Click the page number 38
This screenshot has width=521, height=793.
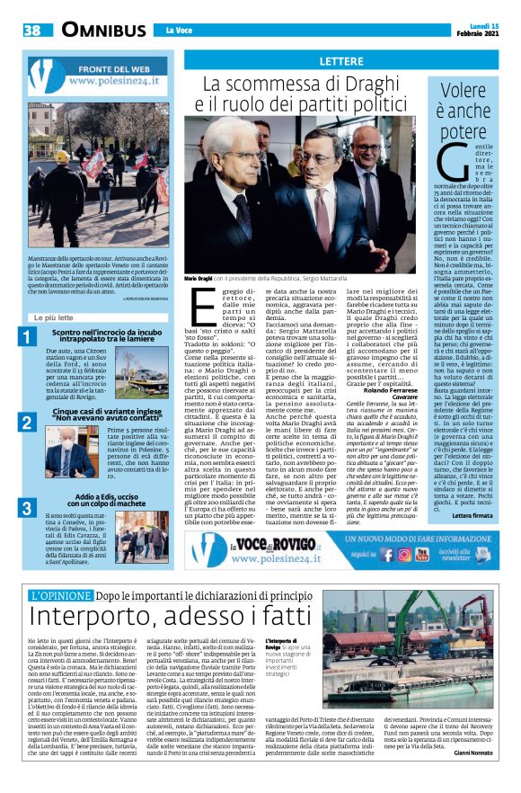[31, 31]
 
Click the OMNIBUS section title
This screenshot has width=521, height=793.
[92, 31]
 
